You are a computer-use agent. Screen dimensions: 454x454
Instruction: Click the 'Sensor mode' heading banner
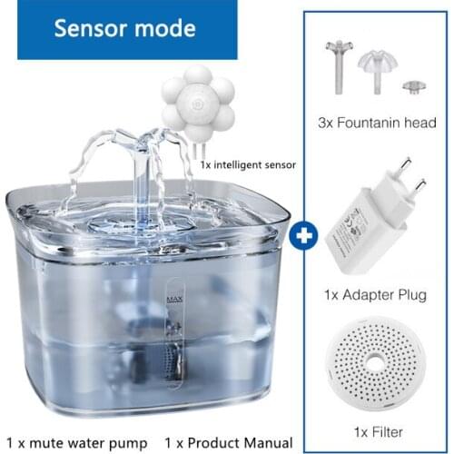(124, 28)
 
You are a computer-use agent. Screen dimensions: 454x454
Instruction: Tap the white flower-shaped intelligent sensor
(198, 103)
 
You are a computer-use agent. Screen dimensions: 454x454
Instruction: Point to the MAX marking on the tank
(173, 298)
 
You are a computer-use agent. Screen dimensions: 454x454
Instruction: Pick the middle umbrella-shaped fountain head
(380, 69)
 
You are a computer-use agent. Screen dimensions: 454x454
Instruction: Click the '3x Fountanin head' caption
(378, 123)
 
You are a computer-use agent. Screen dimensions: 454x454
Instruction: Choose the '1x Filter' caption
(379, 431)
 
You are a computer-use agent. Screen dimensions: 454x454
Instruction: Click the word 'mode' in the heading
(165, 28)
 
